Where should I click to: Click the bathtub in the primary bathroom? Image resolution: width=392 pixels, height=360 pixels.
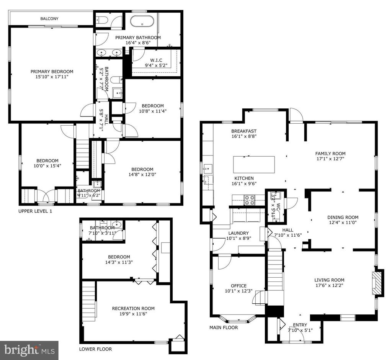(142, 21)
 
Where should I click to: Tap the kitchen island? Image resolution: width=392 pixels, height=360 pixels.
(254, 164)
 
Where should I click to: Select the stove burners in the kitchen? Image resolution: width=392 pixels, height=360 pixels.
(250, 200)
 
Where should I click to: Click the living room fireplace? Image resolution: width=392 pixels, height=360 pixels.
(377, 283)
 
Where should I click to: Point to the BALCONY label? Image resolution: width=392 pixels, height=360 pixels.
(49, 18)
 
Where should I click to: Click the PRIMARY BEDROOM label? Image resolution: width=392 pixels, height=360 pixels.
(52, 72)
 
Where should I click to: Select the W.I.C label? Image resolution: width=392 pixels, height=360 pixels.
(156, 60)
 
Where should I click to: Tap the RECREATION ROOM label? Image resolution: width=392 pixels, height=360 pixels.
(133, 308)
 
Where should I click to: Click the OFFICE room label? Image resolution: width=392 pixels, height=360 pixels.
(239, 286)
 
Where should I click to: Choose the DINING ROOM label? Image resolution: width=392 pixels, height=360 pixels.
(343, 217)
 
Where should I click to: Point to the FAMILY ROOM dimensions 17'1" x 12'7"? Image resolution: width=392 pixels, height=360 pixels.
(330, 159)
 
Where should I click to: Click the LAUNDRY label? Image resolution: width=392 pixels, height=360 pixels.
(238, 233)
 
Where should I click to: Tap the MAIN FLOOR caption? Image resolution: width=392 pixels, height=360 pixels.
(224, 327)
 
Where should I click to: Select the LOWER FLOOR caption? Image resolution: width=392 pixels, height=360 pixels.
(95, 349)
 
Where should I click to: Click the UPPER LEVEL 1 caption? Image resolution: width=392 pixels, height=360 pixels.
(35, 211)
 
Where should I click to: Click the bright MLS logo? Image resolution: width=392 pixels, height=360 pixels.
(29, 350)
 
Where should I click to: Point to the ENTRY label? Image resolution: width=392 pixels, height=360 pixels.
(300, 325)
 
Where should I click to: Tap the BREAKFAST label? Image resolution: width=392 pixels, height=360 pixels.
(244, 131)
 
